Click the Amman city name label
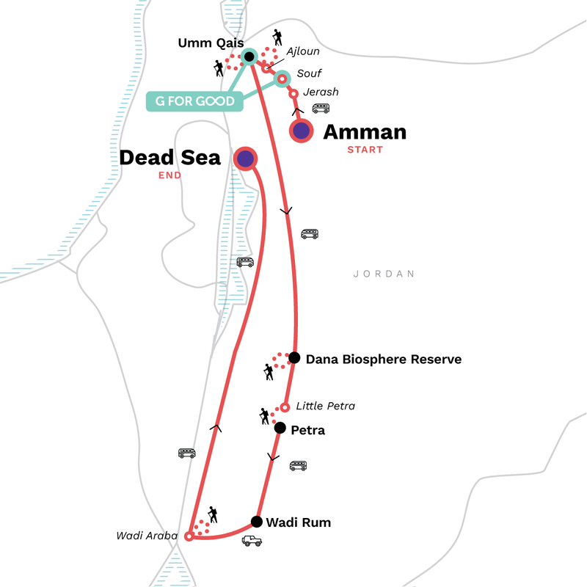click(x=365, y=132)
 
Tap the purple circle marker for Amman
click(x=301, y=131)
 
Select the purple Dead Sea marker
click(x=245, y=158)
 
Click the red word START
click(x=365, y=150)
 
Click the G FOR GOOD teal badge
click(x=194, y=101)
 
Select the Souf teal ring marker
click(x=281, y=77)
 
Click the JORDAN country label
click(x=384, y=274)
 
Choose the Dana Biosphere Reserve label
click(x=383, y=359)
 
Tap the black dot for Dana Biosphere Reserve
click(x=294, y=358)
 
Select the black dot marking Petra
click(x=280, y=429)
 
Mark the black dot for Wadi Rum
click(x=256, y=522)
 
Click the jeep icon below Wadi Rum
click(x=252, y=541)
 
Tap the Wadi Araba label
click(x=147, y=536)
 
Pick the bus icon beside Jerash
click(x=321, y=109)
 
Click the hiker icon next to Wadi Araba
click(x=212, y=514)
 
